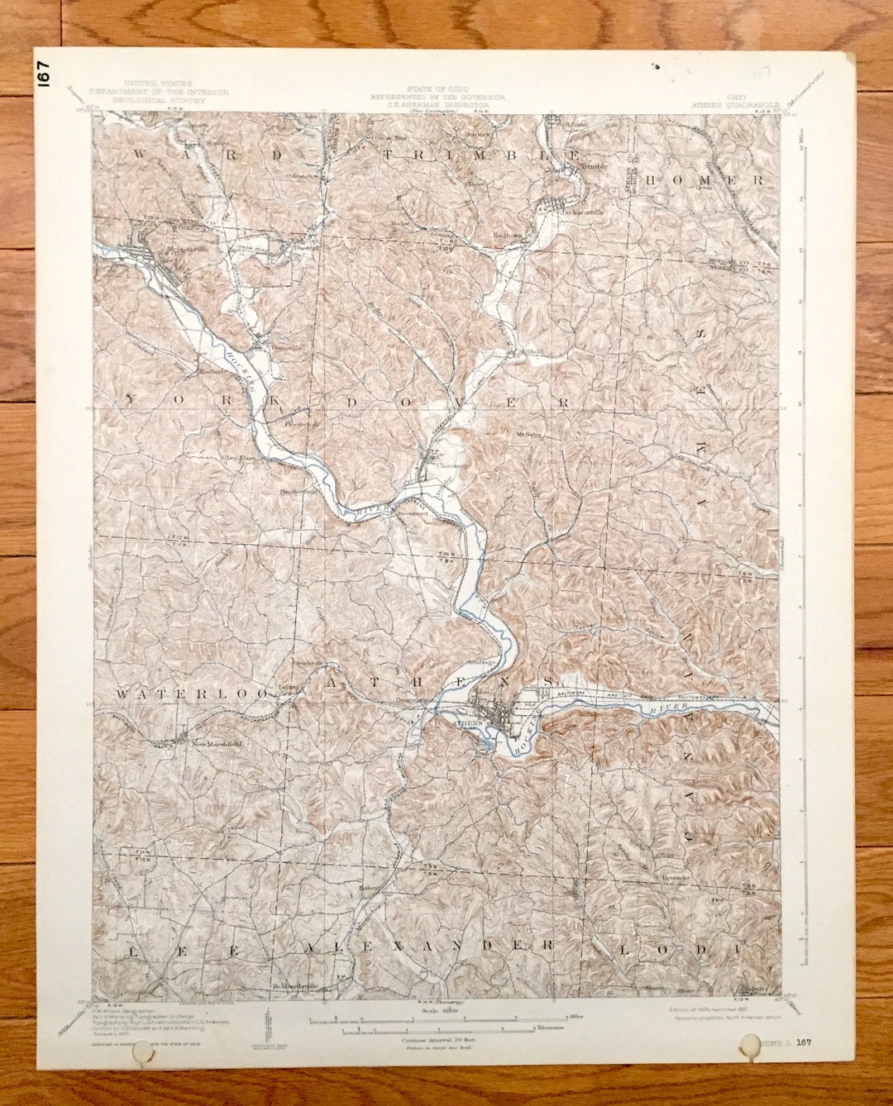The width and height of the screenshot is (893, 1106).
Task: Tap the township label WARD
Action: coord(206,155)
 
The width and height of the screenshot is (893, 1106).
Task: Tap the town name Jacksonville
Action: coord(582,212)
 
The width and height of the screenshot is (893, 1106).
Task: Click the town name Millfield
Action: coord(530,351)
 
